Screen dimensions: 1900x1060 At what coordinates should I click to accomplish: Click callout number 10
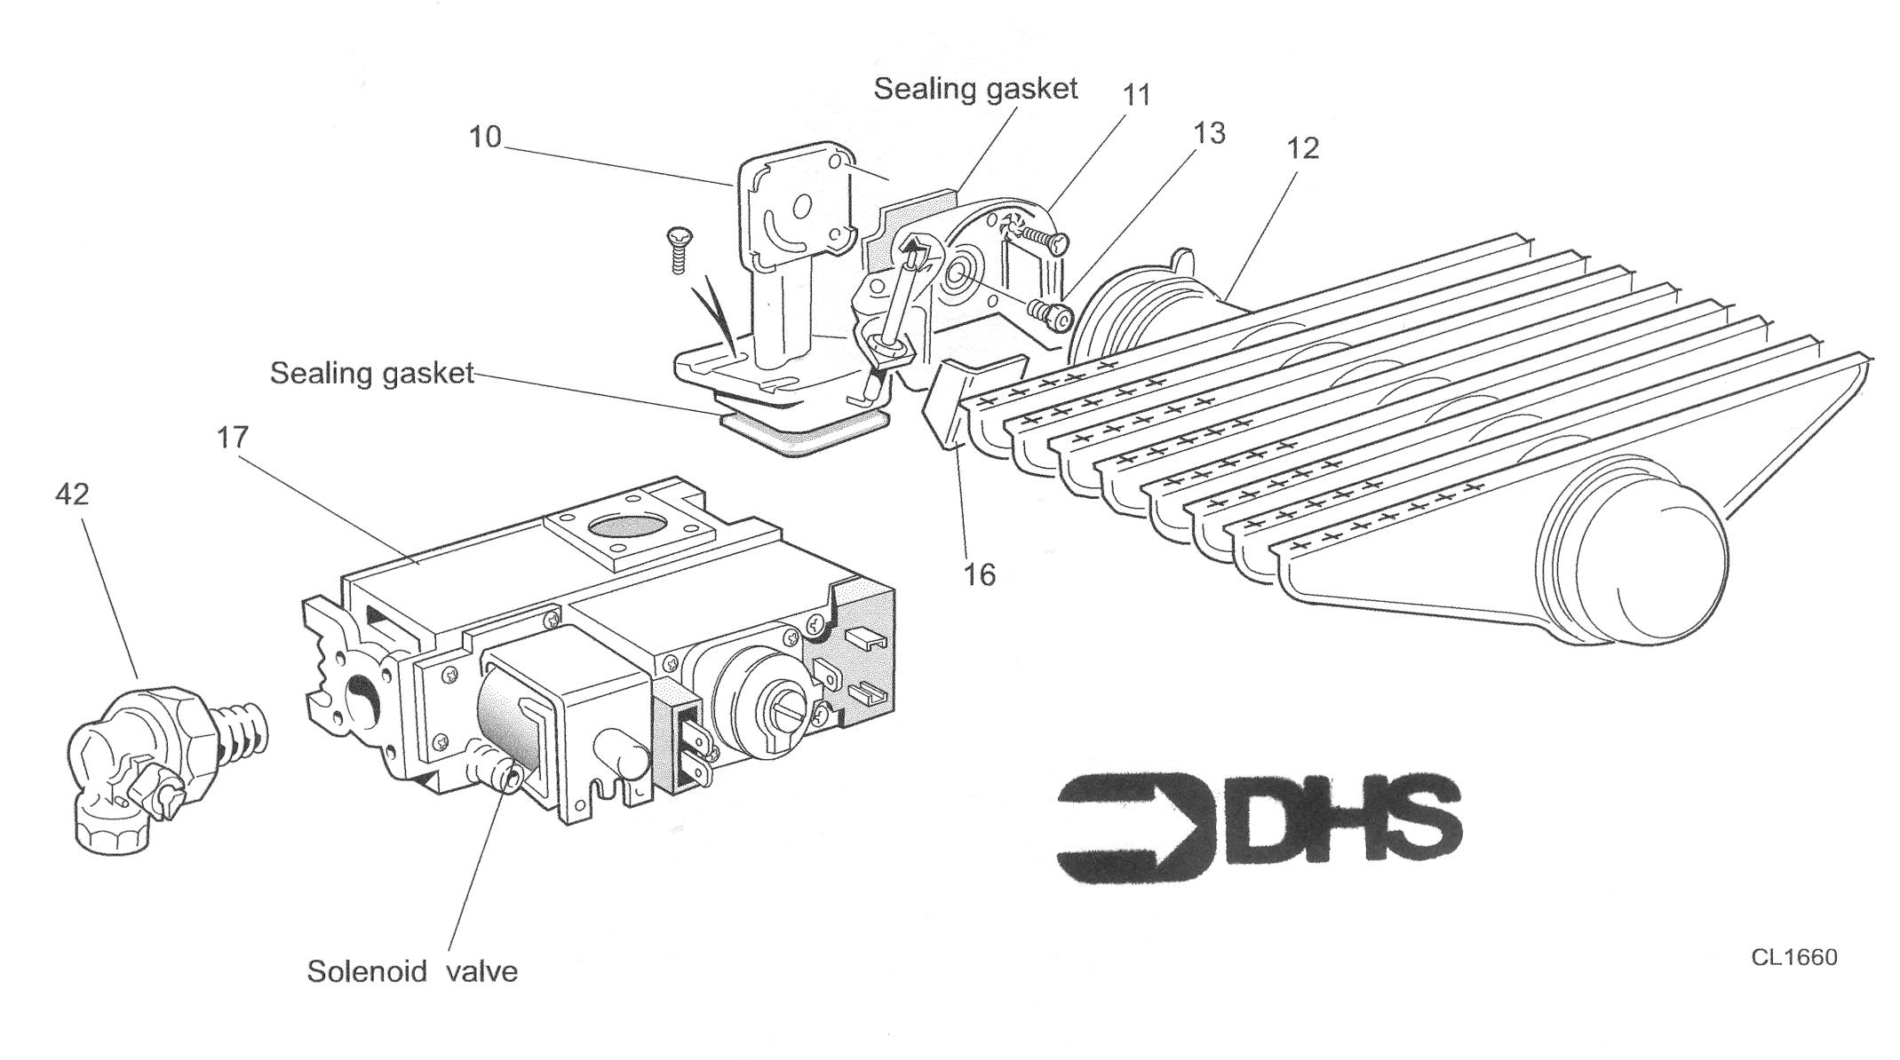(x=485, y=137)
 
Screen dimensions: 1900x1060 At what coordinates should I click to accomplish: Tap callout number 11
(x=1136, y=95)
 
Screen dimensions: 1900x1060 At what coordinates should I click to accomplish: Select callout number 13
(x=1209, y=133)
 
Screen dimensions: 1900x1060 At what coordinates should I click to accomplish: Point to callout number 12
(x=1302, y=148)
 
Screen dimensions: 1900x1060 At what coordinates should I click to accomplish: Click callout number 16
(x=980, y=575)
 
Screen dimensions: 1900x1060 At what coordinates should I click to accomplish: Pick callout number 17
(x=233, y=437)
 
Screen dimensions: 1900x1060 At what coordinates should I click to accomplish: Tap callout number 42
(x=72, y=494)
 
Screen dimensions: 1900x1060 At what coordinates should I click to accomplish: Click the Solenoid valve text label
(x=412, y=970)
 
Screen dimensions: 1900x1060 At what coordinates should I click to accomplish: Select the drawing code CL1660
(x=1794, y=957)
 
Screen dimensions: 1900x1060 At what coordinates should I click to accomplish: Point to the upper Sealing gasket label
(x=975, y=89)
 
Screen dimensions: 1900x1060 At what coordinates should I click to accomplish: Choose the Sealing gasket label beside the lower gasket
(x=372, y=373)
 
